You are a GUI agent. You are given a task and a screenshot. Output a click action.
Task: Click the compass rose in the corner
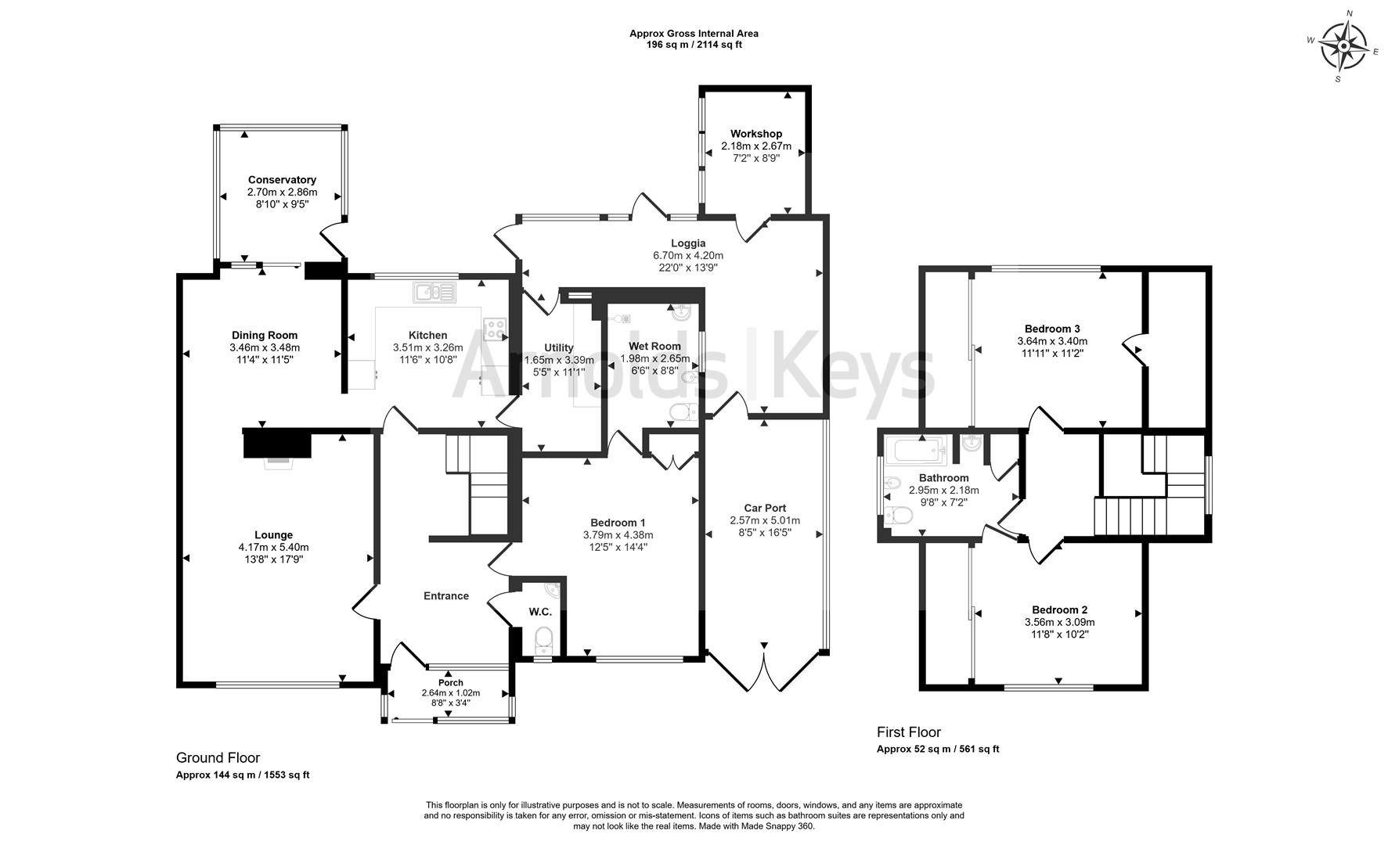(x=1343, y=45)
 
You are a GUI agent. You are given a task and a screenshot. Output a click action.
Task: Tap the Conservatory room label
(x=282, y=180)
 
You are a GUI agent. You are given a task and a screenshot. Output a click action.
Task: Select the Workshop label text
(x=756, y=134)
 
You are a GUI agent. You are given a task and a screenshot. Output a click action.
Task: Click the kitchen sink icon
(x=434, y=292)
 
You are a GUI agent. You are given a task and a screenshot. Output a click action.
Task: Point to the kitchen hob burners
(x=495, y=329)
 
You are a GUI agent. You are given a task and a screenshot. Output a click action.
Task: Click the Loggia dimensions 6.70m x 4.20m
(x=688, y=255)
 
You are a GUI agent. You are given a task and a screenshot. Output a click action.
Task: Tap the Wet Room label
(x=655, y=346)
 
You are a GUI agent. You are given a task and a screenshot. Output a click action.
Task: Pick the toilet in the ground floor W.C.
(x=543, y=640)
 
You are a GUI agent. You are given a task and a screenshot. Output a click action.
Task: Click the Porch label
(x=451, y=683)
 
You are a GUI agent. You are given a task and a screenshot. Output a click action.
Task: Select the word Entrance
(x=446, y=596)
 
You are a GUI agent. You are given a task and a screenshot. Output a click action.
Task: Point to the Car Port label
(x=765, y=508)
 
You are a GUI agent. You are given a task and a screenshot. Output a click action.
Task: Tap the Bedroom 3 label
(x=1052, y=329)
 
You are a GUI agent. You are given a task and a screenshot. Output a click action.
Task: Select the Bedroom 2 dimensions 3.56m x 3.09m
(x=1060, y=623)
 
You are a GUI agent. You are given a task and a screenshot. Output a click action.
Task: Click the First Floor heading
(x=909, y=732)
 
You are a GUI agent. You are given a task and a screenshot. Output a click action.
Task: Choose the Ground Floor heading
(x=218, y=757)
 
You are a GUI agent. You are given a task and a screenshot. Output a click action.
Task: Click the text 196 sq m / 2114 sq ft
(x=694, y=45)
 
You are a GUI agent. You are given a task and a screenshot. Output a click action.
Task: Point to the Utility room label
(x=559, y=347)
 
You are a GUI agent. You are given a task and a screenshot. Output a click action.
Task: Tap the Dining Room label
(x=265, y=335)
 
